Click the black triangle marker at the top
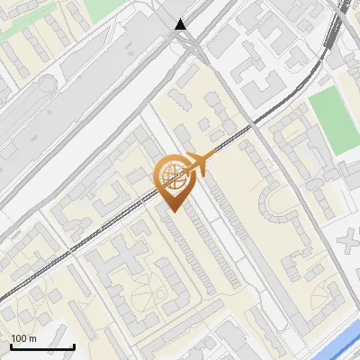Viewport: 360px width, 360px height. coord(182,24)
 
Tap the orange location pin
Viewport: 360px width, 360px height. coord(172,184)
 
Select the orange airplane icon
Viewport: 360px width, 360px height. coord(200,164)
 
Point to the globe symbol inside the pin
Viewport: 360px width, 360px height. coord(172,177)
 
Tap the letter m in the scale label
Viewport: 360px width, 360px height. coord(32,338)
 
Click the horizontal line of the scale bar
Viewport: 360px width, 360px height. coord(42,347)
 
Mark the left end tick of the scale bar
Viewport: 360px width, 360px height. coord(11,346)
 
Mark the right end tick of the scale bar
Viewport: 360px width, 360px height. coord(74,346)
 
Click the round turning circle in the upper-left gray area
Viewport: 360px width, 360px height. coord(47,85)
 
